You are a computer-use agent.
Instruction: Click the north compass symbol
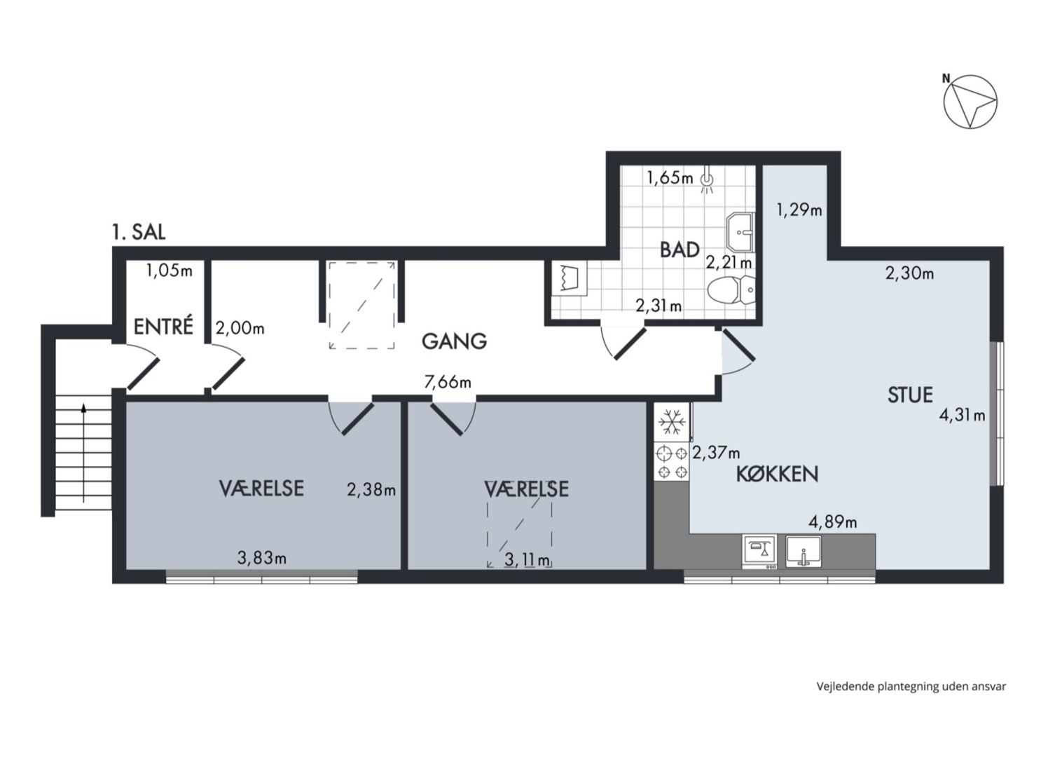coord(970,102)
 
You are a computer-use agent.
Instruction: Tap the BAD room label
coord(680,250)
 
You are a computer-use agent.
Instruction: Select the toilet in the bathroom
coord(731,289)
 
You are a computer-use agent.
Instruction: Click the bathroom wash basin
coord(740,232)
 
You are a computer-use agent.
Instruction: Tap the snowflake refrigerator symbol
coord(671,423)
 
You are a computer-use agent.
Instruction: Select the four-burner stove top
coord(671,462)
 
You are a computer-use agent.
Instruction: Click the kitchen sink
coord(803,552)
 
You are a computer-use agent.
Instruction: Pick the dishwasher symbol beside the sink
coord(759,552)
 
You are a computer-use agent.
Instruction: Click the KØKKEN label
coord(777,475)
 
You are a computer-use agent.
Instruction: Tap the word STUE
coord(910,395)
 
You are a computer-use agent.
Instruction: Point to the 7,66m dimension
coord(447,382)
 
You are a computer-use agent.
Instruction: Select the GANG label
coord(454,341)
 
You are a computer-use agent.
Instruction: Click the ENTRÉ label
coord(163,326)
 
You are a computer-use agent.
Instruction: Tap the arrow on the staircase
coord(84,453)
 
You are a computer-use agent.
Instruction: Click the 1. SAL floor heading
coord(139,232)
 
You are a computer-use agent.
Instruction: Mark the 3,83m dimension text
coord(261,557)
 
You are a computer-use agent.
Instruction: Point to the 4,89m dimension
coord(833,521)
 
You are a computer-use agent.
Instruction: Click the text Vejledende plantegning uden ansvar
coord(911,687)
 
